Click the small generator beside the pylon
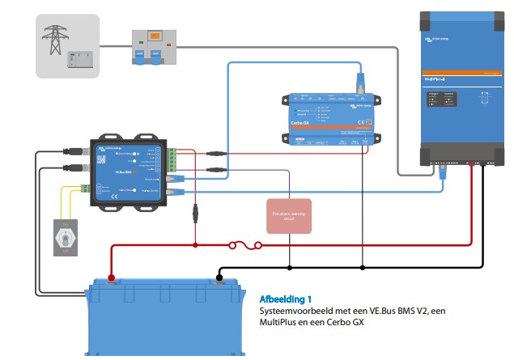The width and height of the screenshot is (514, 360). (81, 60)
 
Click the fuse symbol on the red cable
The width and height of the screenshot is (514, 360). (244, 244)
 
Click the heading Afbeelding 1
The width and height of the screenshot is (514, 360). (282, 299)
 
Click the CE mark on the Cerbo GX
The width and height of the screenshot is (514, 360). (367, 123)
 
